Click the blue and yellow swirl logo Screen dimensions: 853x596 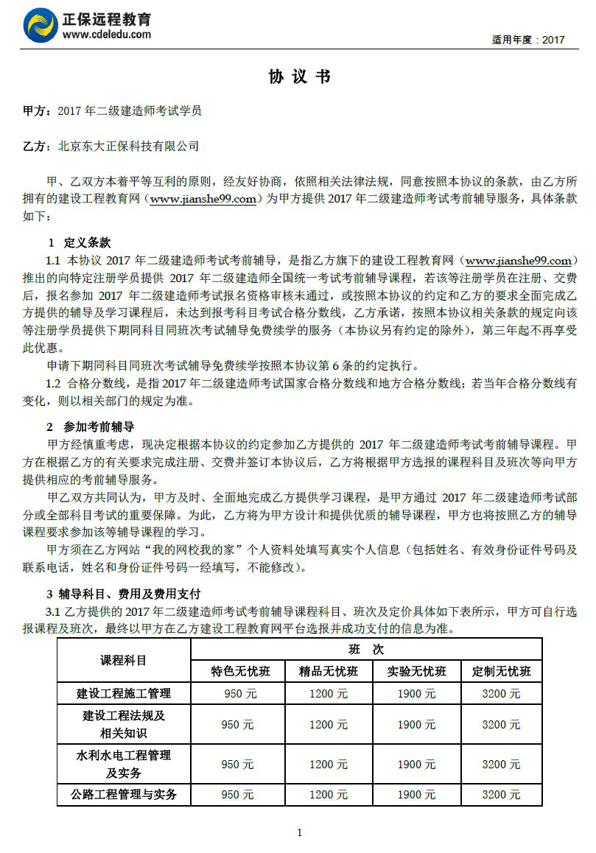(41, 26)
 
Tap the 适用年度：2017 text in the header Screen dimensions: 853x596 (528, 40)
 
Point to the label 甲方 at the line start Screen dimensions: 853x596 (34, 111)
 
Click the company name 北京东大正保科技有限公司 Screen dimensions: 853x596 (128, 147)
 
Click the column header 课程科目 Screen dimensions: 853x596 (124, 660)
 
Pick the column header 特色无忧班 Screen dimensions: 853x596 (240, 671)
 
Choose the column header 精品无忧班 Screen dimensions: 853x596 (329, 671)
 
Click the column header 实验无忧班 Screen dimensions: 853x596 (417, 671)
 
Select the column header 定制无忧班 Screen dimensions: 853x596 (501, 671)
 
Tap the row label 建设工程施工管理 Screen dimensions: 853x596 (124, 693)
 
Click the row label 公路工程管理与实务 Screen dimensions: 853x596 (124, 795)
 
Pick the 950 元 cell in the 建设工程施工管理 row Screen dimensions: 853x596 (240, 694)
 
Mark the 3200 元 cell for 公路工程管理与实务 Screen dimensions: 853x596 (501, 795)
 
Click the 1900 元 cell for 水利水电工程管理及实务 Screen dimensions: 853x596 (417, 765)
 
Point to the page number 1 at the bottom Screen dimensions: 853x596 (299, 832)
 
